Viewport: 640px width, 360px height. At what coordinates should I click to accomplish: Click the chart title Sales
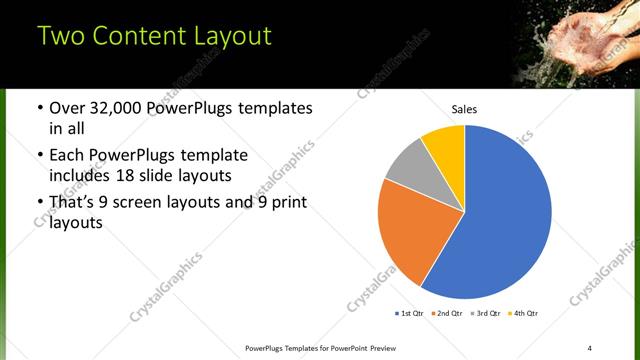tap(464, 108)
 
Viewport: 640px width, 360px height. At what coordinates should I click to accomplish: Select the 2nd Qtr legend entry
tap(446, 314)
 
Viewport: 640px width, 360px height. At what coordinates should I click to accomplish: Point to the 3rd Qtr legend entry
tap(484, 314)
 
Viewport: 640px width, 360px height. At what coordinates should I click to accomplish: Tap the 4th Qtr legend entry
tap(522, 314)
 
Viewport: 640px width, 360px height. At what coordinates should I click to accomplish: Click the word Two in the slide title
tap(62, 37)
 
